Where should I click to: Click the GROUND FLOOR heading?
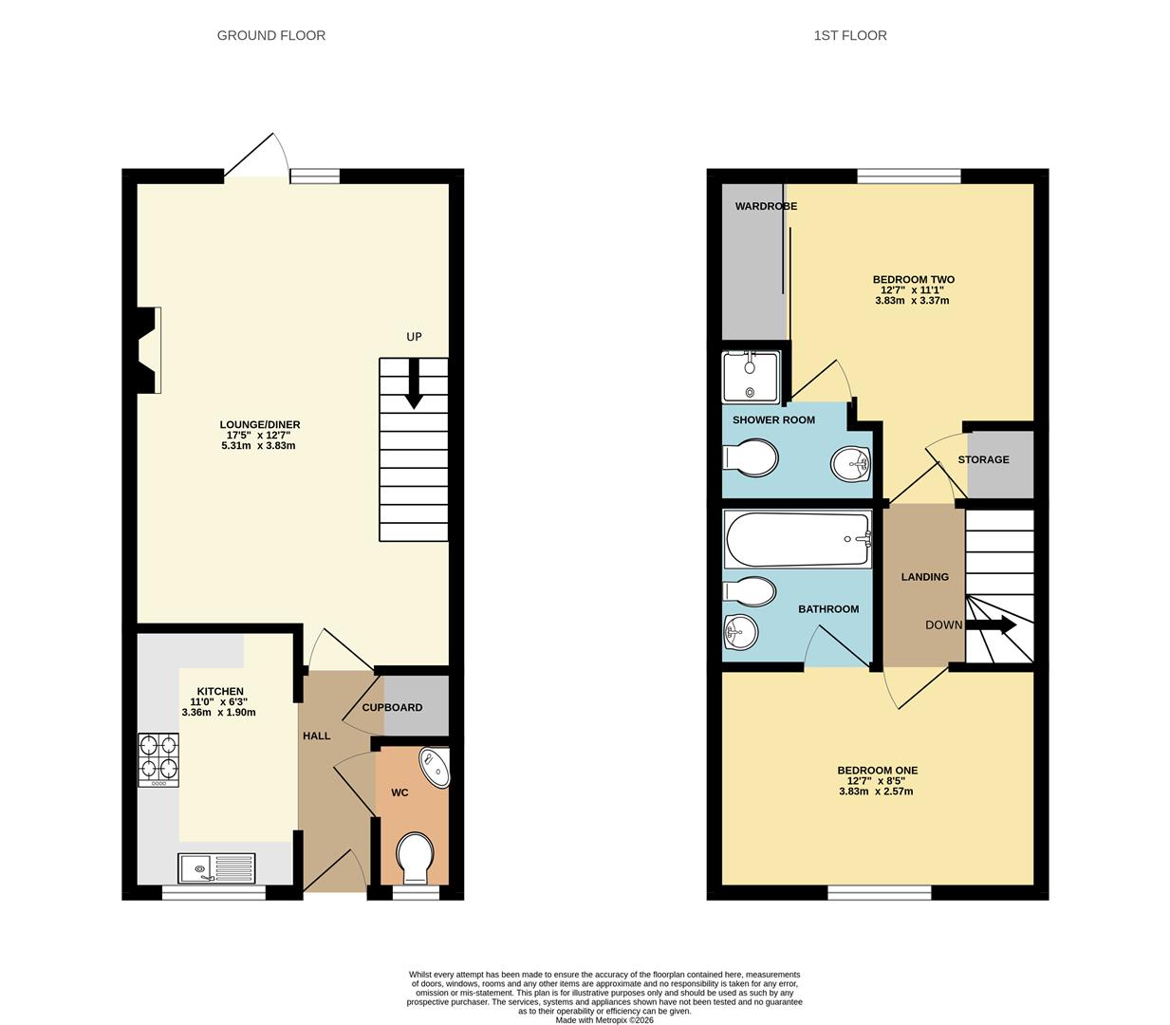pos(271,35)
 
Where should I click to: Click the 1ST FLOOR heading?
pos(850,35)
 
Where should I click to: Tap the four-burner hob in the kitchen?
pos(158,759)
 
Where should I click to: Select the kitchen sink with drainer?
pos(216,867)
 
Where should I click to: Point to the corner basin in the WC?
pos(436,768)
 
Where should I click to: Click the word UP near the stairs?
pos(414,337)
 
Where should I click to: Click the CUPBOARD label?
pos(392,708)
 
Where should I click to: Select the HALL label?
pos(317,736)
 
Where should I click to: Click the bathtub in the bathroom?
pos(798,539)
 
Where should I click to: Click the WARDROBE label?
pos(766,206)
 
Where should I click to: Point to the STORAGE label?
pos(984,459)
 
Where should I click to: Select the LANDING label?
pos(924,577)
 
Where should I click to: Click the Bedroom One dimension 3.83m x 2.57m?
pos(876,792)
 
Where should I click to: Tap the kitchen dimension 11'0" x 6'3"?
pos(219,701)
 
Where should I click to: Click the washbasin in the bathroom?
pos(741,633)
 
